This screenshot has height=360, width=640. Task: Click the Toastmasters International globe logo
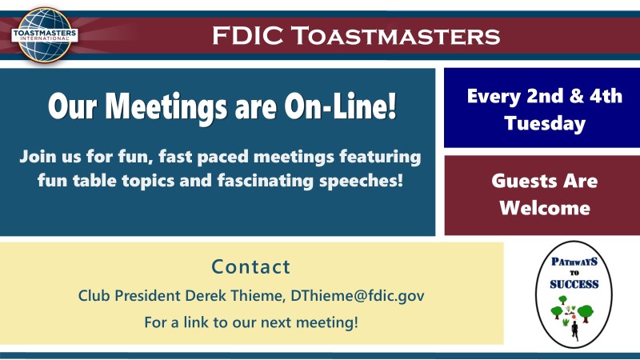(45, 35)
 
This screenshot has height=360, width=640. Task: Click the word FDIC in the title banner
(248, 35)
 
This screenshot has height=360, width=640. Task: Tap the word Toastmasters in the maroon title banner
(395, 35)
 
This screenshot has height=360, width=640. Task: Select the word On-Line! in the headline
(340, 106)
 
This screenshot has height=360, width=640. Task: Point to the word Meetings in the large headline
(166, 108)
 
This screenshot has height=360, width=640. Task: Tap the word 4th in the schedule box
(606, 96)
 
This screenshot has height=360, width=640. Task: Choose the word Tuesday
(545, 123)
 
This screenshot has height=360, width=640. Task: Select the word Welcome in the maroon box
(545, 208)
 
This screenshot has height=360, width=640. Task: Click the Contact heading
(250, 267)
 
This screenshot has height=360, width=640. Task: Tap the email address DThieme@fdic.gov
(357, 295)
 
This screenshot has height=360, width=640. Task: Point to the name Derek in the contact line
(206, 295)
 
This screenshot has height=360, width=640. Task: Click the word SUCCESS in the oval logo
(574, 284)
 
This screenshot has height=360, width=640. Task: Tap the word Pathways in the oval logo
(574, 262)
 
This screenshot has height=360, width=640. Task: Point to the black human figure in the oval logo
(574, 330)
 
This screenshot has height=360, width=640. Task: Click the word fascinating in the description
(266, 181)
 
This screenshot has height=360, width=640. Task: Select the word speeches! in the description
(362, 181)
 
